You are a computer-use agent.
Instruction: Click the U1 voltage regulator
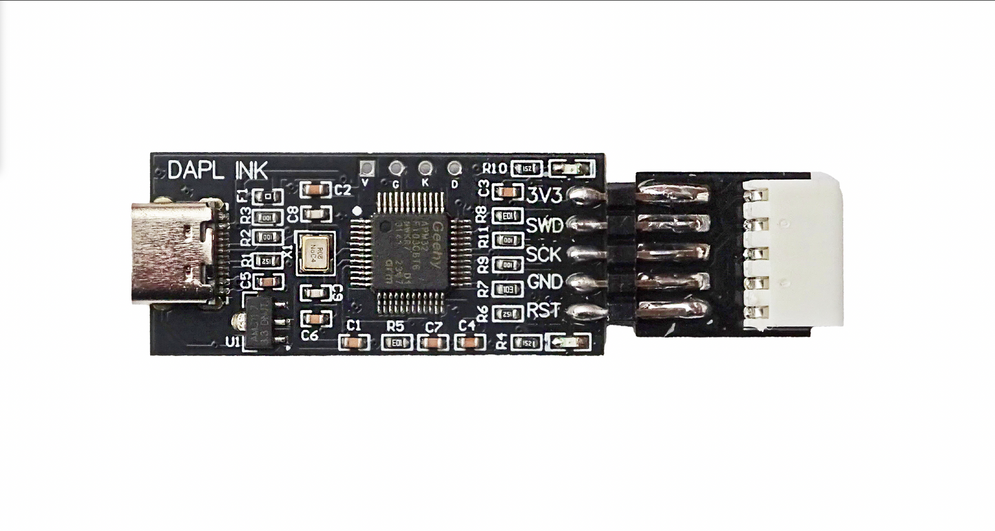[x=262, y=324]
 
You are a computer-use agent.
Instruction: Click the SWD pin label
[x=544, y=225]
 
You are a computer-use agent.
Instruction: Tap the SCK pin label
[x=544, y=254]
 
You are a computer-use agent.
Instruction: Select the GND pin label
[x=544, y=282]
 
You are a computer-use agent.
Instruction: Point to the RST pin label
[x=544, y=311]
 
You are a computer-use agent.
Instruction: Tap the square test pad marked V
[x=367, y=167]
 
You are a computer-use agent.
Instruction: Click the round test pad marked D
[x=454, y=167]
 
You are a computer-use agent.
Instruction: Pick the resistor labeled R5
[x=397, y=342]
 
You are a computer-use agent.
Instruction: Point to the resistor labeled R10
[x=527, y=168]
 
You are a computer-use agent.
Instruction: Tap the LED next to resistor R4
[x=569, y=342]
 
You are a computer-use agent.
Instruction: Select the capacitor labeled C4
[x=470, y=342]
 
